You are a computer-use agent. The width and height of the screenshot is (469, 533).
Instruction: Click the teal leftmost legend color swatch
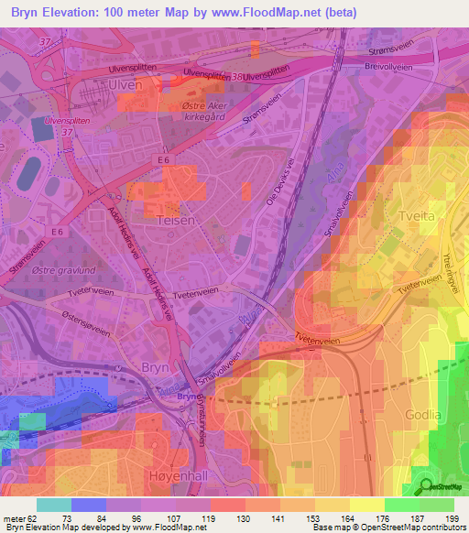pos(53,505)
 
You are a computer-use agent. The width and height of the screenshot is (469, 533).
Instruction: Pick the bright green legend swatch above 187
pos(400,505)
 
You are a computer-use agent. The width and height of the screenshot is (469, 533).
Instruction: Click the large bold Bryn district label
pos(156,366)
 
